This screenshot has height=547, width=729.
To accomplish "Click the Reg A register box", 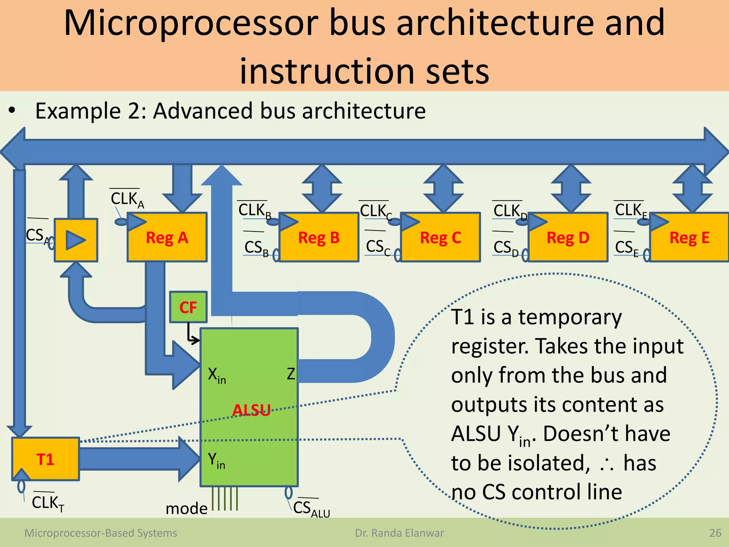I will [x=167, y=237].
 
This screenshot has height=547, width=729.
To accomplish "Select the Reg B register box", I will [x=319, y=237].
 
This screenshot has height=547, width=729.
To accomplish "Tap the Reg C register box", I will [x=441, y=237].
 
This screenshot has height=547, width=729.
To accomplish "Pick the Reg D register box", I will [x=568, y=237].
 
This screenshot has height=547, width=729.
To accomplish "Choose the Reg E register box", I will [x=689, y=237].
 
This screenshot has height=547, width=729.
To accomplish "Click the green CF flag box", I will [x=188, y=307].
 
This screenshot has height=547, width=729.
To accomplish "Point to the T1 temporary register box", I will [x=46, y=459].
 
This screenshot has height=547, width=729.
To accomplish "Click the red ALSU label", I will [x=251, y=410].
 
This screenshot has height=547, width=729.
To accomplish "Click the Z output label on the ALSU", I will [x=291, y=374].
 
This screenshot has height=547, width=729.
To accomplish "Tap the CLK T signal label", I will [x=48, y=503].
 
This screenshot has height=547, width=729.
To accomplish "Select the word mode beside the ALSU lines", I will [x=187, y=509].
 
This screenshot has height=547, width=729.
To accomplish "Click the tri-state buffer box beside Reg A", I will [x=76, y=240].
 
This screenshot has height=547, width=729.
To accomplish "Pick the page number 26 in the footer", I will [x=715, y=533].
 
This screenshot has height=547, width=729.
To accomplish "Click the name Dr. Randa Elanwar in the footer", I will [x=399, y=533].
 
